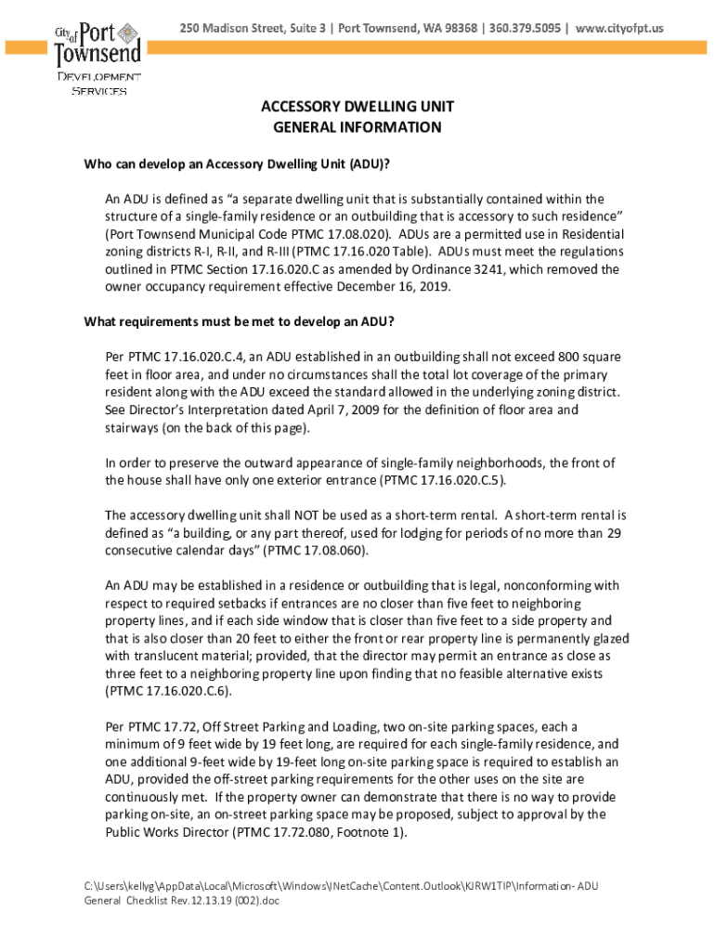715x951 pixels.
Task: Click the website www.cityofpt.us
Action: (620, 29)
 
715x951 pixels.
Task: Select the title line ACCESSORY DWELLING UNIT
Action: (357, 108)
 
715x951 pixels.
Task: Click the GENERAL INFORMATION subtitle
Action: (357, 127)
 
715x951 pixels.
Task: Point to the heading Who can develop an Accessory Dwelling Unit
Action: (237, 164)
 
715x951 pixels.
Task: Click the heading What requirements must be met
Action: (240, 322)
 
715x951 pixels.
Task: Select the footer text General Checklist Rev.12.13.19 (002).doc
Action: (184, 900)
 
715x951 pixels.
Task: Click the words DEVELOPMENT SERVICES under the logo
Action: (99, 83)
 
